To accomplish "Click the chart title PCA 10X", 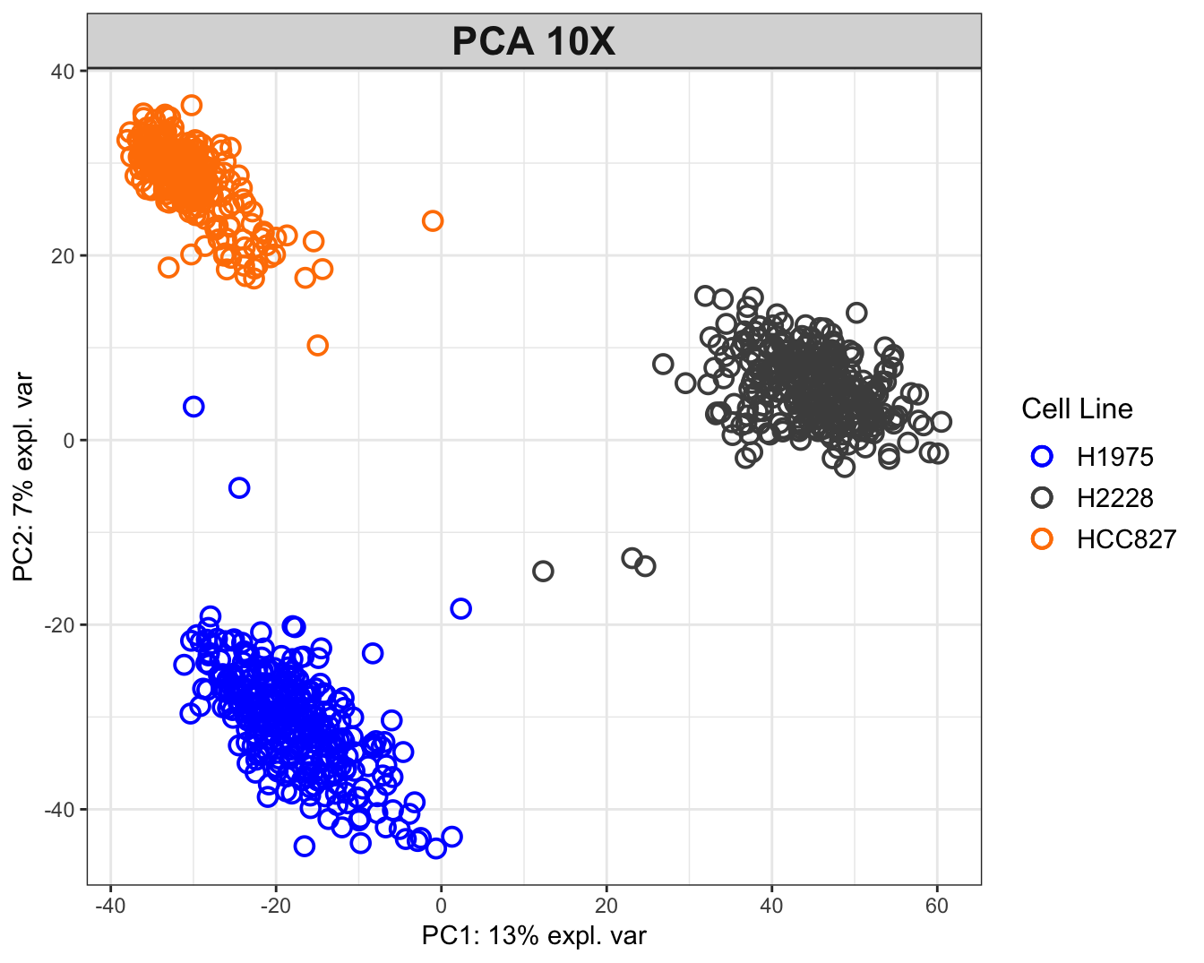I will (x=534, y=42).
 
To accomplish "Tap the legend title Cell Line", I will (x=1077, y=409).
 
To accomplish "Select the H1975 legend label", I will (x=1114, y=457).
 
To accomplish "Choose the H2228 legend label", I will (x=1114, y=498).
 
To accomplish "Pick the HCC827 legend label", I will (x=1126, y=539).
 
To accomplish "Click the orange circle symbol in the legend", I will (x=1041, y=539).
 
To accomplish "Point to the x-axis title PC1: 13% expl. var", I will (x=534, y=936).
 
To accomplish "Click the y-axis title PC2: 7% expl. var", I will (x=24, y=477).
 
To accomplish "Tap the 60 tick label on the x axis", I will (x=936, y=907).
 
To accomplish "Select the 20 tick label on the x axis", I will (x=606, y=907).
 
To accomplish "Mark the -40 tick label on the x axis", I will (x=109, y=907).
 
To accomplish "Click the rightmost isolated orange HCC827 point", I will (x=433, y=220).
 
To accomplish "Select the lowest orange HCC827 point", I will (x=317, y=346).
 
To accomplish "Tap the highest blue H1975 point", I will (x=193, y=407).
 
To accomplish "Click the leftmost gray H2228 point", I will (x=543, y=572).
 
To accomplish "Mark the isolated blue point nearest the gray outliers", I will (x=460, y=609).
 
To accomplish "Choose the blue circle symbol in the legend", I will (x=1041, y=457).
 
